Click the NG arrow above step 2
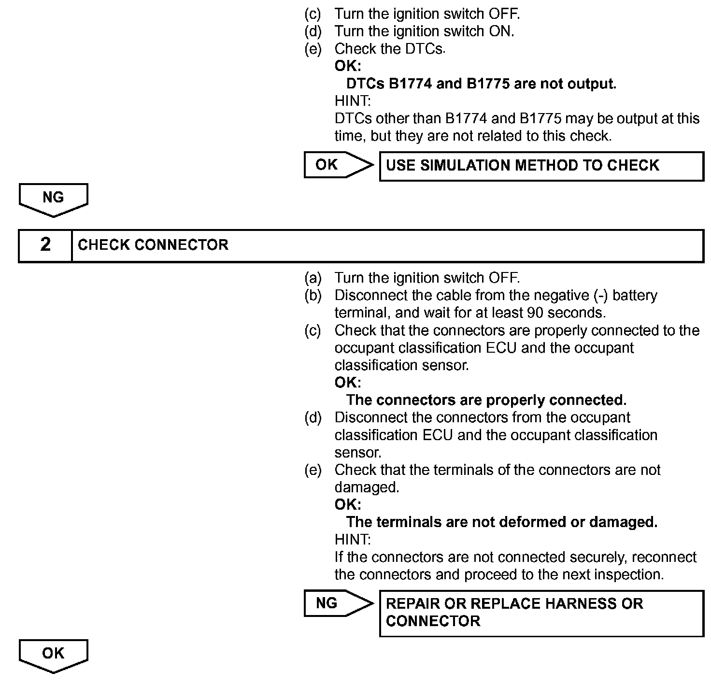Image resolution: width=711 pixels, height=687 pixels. [53, 199]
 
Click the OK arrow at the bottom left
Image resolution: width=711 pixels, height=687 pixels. [53, 655]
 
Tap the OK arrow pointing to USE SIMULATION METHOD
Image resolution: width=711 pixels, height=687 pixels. [338, 165]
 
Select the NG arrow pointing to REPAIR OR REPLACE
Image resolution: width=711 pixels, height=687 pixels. [338, 603]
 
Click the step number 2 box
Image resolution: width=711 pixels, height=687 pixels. [45, 245]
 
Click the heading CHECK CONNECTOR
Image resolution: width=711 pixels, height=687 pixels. [153, 245]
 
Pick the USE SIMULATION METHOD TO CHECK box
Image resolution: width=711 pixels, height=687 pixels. [541, 166]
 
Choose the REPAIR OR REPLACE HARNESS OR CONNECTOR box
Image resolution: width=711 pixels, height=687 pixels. [541, 613]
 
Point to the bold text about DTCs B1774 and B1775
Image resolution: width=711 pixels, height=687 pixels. [481, 84]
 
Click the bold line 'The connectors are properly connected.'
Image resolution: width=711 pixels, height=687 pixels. [486, 400]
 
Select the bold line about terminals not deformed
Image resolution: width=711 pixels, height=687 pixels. [501, 522]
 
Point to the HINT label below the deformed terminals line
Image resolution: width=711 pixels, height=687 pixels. [353, 539]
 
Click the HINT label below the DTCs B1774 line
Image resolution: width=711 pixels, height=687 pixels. [353, 101]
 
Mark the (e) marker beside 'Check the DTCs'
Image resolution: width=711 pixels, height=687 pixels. [313, 49]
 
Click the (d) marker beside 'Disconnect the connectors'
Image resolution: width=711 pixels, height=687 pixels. [313, 417]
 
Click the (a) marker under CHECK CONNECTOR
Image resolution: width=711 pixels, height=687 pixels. [313, 278]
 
